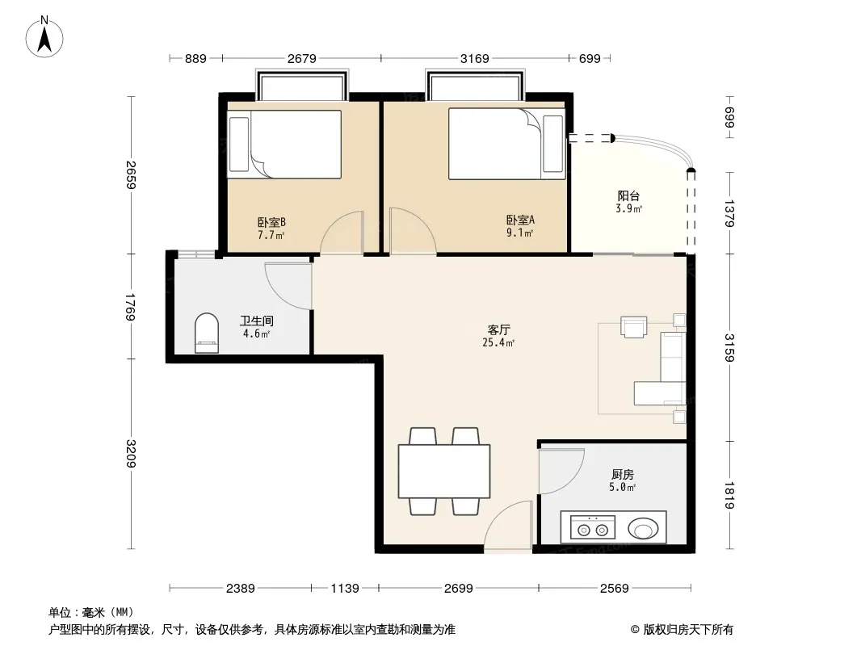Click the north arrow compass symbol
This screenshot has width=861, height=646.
coord(44,37)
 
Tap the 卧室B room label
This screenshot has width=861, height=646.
coord(271,222)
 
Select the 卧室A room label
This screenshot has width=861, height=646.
coord(520,220)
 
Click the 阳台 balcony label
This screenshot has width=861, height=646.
coord(628,196)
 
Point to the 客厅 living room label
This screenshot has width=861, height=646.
coord(498,329)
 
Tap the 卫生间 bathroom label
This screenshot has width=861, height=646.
coord(256,321)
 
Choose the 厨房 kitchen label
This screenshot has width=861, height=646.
coord(622,474)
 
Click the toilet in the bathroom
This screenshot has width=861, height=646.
coord(207,333)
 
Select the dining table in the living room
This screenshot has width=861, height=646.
coord(444,472)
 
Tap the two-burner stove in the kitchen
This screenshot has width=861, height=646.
coord(593,528)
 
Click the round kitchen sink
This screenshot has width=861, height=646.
coord(643,529)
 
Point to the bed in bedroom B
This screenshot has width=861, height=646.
coord(284,145)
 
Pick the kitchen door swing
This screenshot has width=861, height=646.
coord(561,471)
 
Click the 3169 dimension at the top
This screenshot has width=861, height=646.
coord(474,58)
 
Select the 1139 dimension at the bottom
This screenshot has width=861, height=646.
coord(345,589)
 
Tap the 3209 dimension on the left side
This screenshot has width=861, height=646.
coord(131,453)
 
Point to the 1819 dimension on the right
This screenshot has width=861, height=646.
coord(729,495)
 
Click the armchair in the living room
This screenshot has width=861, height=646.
coord(634,326)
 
